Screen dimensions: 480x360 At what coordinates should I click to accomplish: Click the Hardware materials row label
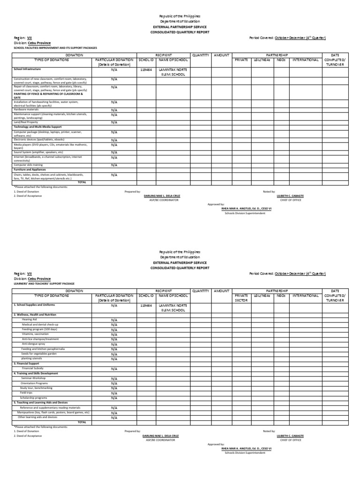click(26, 109)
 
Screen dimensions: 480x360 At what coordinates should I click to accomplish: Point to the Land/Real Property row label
click(26, 122)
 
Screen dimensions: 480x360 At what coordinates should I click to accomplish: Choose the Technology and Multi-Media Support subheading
click(38, 127)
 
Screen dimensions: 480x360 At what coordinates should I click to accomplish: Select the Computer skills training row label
click(29, 165)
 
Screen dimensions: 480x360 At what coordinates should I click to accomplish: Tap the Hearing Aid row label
click(29, 319)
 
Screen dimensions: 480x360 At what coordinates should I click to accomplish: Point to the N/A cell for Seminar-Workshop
click(114, 378)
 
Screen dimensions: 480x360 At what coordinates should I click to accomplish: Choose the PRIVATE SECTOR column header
click(241, 299)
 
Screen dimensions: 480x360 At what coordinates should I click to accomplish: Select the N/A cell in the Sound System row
click(114, 152)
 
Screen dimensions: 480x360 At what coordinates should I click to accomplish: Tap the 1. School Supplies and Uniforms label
click(36, 305)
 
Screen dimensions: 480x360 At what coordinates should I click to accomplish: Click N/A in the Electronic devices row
click(114, 140)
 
